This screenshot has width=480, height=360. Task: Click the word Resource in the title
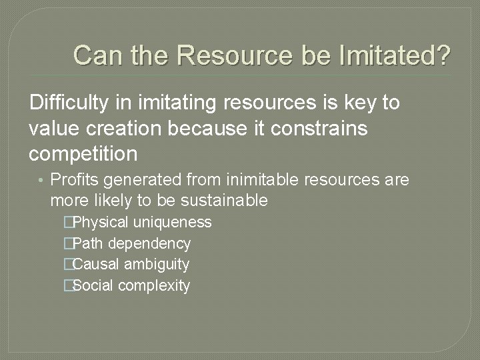[234, 55]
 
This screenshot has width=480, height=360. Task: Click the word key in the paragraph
[360, 103]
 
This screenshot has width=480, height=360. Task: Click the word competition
[83, 154]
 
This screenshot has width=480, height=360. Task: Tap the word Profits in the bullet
[73, 180]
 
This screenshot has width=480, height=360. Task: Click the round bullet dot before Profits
[41, 181]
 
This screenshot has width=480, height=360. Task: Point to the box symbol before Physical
[67, 223]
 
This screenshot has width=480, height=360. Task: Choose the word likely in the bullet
[104, 200]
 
